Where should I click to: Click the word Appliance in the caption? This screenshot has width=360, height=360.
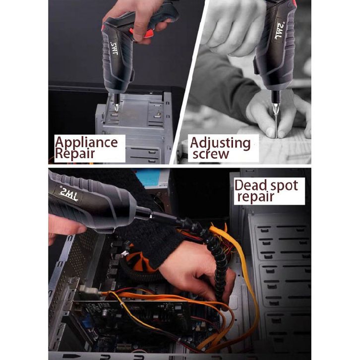click(86, 143)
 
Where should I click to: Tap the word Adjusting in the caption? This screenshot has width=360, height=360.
click(220, 143)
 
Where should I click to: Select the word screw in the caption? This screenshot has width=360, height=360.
click(211, 154)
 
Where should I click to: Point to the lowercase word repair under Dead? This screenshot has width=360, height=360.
click(256, 197)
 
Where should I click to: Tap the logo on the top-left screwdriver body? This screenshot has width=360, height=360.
click(115, 49)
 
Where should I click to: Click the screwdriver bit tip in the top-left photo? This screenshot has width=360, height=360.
click(117, 109)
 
